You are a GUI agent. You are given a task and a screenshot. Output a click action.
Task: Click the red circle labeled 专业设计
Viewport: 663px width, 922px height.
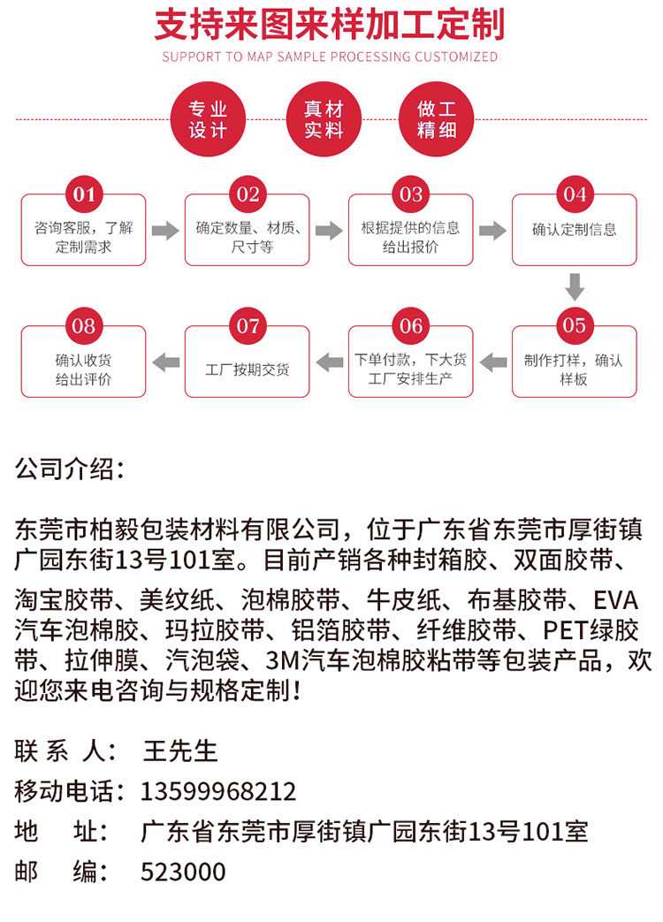[x=209, y=119]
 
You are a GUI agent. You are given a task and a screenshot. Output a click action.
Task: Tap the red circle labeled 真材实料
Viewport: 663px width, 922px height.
[x=324, y=119]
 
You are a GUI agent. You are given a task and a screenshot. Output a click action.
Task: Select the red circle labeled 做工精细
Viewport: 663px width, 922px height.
[x=438, y=119]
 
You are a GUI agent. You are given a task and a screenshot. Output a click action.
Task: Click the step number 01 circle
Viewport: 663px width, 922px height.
[x=84, y=194]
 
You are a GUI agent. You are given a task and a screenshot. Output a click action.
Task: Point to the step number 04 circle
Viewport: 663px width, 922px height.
[x=575, y=194]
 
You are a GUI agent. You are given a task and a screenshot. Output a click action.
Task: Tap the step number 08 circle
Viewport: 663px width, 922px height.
[x=84, y=326]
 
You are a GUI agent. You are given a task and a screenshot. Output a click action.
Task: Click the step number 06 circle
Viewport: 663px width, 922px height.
[x=411, y=326]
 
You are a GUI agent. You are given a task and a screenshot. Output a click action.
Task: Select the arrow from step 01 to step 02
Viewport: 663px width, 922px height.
[x=165, y=231]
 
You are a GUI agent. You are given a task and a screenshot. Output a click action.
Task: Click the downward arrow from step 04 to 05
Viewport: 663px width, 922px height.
[x=575, y=287]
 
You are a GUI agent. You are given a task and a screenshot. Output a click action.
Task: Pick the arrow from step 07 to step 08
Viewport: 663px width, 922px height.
[x=165, y=361]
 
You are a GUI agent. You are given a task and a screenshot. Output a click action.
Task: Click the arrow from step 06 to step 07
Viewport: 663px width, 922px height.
[x=329, y=361]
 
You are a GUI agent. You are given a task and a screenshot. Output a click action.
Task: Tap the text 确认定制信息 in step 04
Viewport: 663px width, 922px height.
[x=575, y=230]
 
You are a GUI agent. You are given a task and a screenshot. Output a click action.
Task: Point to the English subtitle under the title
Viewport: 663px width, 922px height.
[x=330, y=57]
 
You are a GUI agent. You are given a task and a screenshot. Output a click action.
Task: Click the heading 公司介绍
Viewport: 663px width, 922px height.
[x=70, y=469]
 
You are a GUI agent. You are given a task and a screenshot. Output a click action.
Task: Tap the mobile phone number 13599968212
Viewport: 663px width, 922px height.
[x=218, y=791]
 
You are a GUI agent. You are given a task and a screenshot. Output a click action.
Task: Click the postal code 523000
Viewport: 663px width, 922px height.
[x=183, y=872]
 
